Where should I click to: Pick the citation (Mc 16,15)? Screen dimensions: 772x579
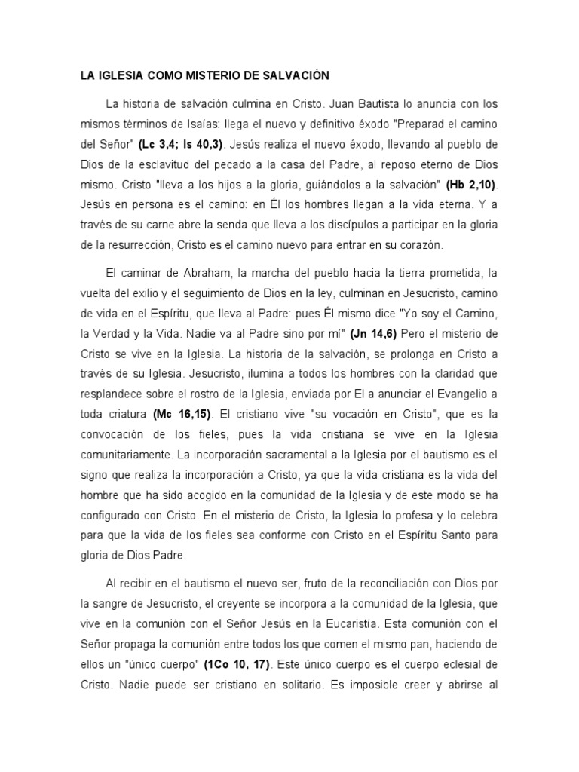[182, 414]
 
